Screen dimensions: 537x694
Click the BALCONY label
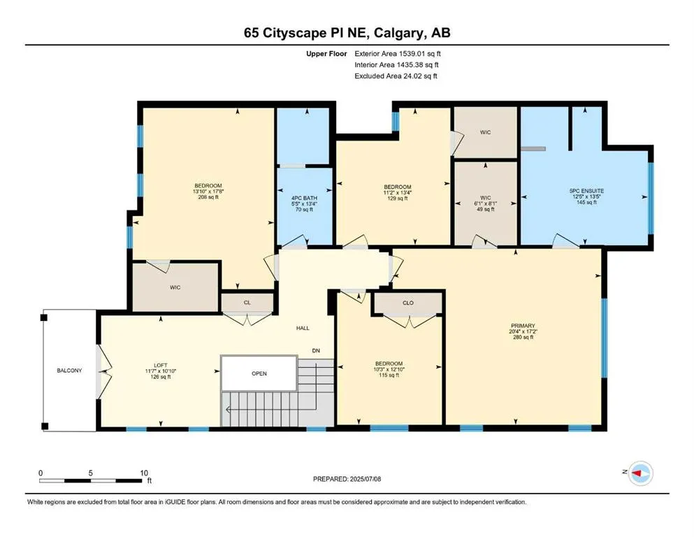[x=69, y=370]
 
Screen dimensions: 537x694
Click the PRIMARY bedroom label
[x=522, y=325]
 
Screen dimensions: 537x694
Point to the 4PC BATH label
[x=303, y=198]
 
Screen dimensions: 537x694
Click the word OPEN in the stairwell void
[x=259, y=373]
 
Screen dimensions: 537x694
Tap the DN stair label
[x=316, y=350]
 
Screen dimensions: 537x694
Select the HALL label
[x=302, y=328]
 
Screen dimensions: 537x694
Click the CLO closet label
[x=409, y=303]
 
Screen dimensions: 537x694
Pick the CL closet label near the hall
[x=247, y=303]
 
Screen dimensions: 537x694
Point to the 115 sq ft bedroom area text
[x=389, y=375]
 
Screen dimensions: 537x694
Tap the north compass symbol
[x=639, y=473]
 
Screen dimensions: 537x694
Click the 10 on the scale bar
[x=143, y=473]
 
